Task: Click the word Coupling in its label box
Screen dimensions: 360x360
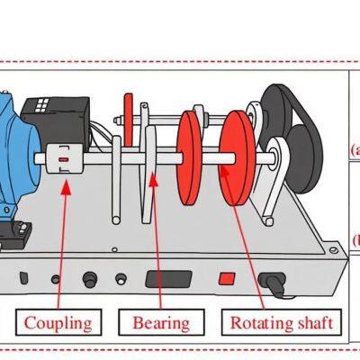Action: pos(58,322)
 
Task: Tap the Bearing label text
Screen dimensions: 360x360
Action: pos(161,322)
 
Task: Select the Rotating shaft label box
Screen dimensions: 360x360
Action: pos(282,322)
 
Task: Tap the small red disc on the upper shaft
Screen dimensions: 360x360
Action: pos(128,112)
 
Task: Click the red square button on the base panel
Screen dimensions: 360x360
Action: pos(227,279)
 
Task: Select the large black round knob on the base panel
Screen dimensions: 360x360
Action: pos(89,280)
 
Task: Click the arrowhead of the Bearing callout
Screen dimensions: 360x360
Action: pos(152,178)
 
